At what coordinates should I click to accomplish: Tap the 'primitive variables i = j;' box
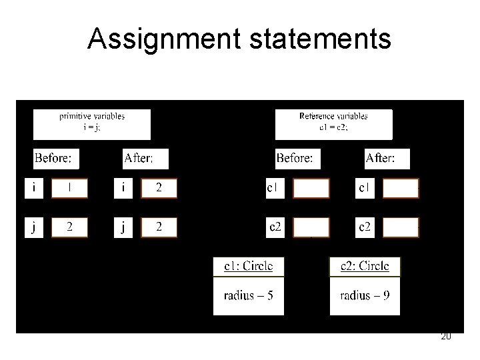92,123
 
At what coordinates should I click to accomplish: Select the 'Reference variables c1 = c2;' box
333,123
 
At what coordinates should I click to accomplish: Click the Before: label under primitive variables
57,159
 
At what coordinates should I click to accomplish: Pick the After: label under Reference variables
387,159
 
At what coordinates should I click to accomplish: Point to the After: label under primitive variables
146,159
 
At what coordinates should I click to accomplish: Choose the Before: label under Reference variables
298,159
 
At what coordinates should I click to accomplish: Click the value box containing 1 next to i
69,189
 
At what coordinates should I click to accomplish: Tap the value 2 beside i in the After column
159,189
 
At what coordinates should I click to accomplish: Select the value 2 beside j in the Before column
69,227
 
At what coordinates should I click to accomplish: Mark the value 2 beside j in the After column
159,227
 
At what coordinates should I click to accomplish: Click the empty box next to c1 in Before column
311,189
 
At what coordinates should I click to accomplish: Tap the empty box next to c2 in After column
400,227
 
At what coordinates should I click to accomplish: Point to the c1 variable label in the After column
365,189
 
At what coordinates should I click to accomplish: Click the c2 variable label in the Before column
275,227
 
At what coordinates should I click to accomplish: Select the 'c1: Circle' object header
248,266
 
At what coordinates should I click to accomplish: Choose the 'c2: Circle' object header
365,266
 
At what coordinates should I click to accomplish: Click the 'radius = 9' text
365,296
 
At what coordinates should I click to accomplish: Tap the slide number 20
446,337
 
